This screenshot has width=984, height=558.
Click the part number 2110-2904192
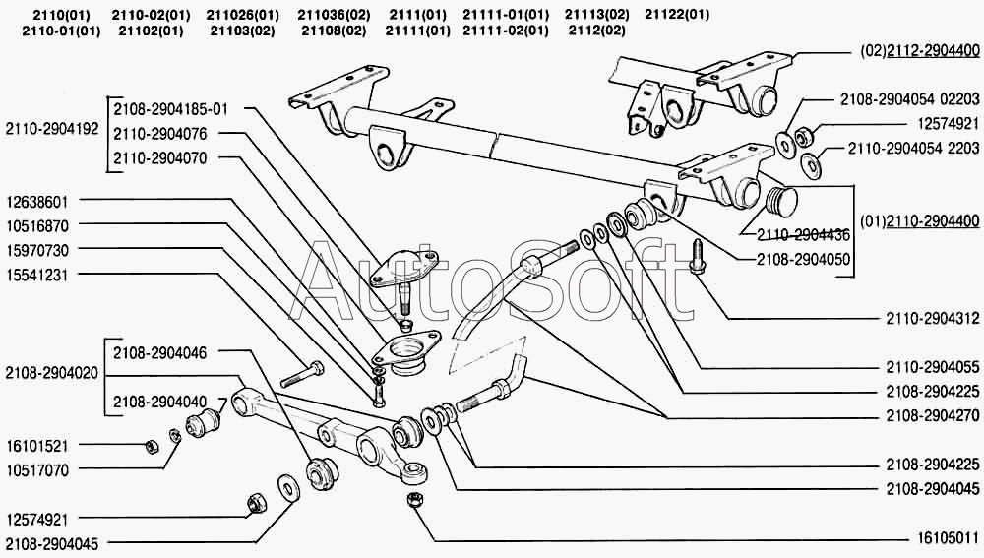tap(51, 129)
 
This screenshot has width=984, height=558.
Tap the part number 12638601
tap(38, 202)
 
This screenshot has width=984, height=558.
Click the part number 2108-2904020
tap(51, 374)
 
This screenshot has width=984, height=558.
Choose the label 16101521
tap(38, 446)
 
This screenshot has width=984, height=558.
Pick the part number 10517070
tap(38, 470)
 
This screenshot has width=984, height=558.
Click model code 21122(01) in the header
tap(676, 14)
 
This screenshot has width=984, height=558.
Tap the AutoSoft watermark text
tap(497, 280)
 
